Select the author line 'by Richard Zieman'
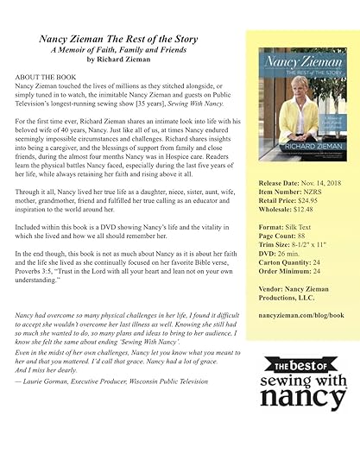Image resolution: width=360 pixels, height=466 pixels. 127,60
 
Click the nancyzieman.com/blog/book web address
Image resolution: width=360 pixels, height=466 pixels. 301,316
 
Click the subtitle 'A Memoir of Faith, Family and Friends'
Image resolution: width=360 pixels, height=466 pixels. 128,49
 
